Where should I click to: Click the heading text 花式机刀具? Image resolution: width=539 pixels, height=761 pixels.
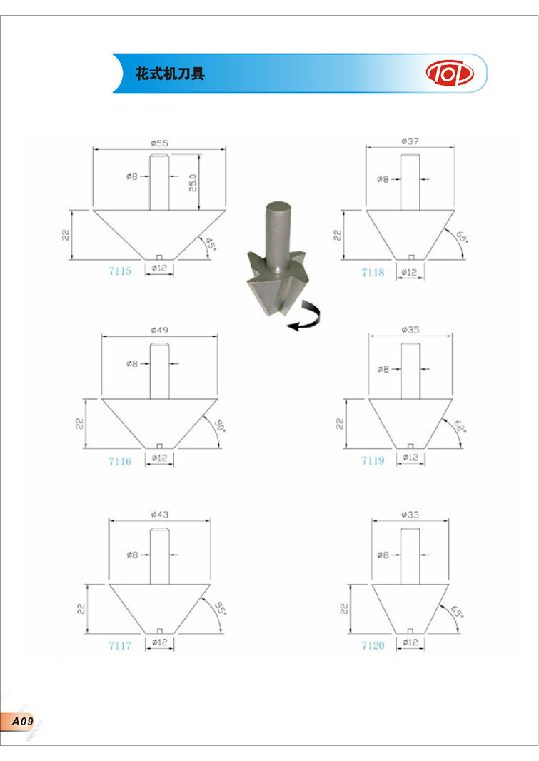(x=170, y=74)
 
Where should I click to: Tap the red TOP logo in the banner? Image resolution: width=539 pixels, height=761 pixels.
(x=450, y=74)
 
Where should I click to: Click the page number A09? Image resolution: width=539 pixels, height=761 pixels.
(x=22, y=721)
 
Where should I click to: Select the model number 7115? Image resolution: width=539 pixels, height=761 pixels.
(x=120, y=271)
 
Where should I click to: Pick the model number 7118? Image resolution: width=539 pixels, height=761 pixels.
(x=373, y=272)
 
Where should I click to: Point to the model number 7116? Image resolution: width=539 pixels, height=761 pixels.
(x=120, y=461)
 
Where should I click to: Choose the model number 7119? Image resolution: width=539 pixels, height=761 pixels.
(x=373, y=460)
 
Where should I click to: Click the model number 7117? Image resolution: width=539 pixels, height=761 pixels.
(x=120, y=645)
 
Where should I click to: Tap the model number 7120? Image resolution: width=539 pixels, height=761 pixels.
(x=373, y=645)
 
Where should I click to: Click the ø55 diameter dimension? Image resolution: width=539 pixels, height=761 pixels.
(x=159, y=143)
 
